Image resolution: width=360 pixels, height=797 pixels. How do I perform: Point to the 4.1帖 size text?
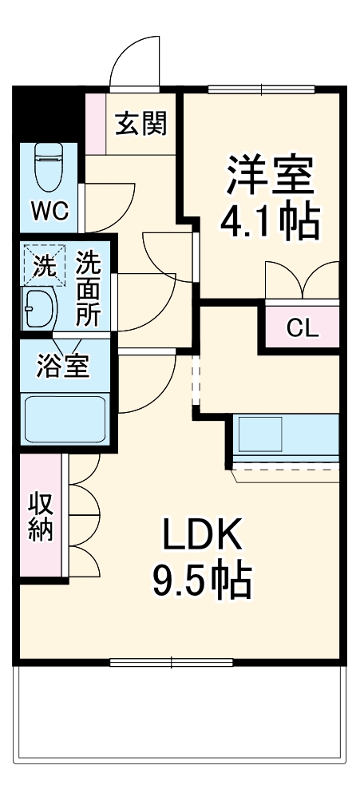[x=270, y=223]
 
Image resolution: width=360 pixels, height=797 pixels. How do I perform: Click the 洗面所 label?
[x=89, y=287]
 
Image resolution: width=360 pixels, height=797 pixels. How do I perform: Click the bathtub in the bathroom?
[x=65, y=419]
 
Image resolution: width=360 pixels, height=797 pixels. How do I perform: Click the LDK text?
[x=203, y=536]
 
